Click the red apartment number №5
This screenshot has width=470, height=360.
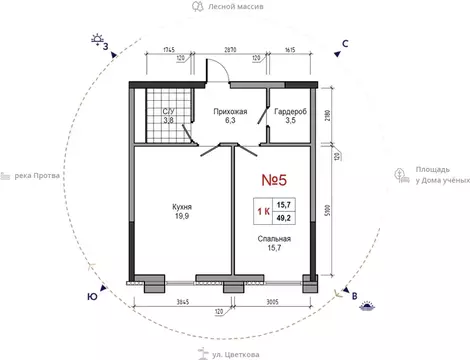point(274,180)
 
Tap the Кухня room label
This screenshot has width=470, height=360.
point(182,207)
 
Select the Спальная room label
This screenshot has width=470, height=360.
point(274,239)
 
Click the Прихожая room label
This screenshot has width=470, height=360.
point(230,112)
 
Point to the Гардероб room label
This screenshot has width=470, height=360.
point(290,112)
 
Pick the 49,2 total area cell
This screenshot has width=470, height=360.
point(284,218)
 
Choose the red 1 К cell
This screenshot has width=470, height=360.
point(263,211)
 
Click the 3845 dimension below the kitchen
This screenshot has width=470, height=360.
point(182,302)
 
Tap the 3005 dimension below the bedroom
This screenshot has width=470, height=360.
point(272,302)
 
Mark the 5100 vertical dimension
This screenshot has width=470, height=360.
point(328,211)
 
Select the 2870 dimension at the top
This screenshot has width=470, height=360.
point(230,50)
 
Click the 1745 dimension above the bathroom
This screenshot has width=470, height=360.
point(169,50)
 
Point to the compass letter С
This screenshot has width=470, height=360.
point(345,44)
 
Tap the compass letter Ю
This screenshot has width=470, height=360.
point(92,297)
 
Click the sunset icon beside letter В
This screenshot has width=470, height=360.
point(367,306)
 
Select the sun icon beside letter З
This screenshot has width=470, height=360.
point(97,39)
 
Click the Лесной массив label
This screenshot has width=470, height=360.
point(236,7)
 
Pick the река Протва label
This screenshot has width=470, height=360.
point(37,176)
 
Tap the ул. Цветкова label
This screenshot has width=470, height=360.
point(236,355)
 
